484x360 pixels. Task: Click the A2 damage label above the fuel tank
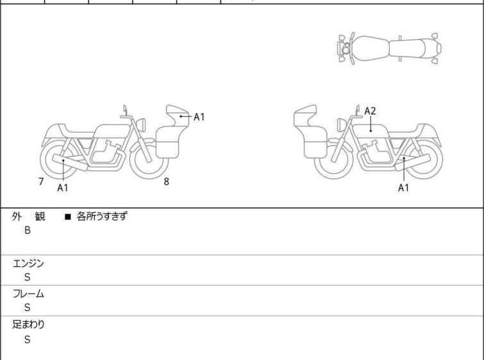point(370,111)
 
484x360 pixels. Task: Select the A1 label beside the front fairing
point(199,117)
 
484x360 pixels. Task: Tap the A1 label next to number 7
point(63,187)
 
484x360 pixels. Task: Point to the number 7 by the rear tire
point(41,182)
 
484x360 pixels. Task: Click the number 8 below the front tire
point(167,182)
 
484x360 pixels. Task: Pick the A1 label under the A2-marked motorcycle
point(403,187)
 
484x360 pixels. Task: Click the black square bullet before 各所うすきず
point(68,217)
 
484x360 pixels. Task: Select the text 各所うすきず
point(102,216)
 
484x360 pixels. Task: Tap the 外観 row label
point(28,216)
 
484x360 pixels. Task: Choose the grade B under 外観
point(28,230)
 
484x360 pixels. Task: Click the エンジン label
point(28,263)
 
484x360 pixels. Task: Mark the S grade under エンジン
point(28,277)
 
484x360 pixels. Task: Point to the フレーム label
point(28,293)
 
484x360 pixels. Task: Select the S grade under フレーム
point(28,307)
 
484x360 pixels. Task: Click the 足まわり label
point(28,325)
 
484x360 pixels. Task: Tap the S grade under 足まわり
point(28,339)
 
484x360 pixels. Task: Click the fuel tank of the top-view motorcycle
point(370,49)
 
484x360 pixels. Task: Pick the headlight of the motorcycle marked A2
point(341,125)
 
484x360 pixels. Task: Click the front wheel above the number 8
point(149,159)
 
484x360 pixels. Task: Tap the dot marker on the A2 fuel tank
point(371,131)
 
